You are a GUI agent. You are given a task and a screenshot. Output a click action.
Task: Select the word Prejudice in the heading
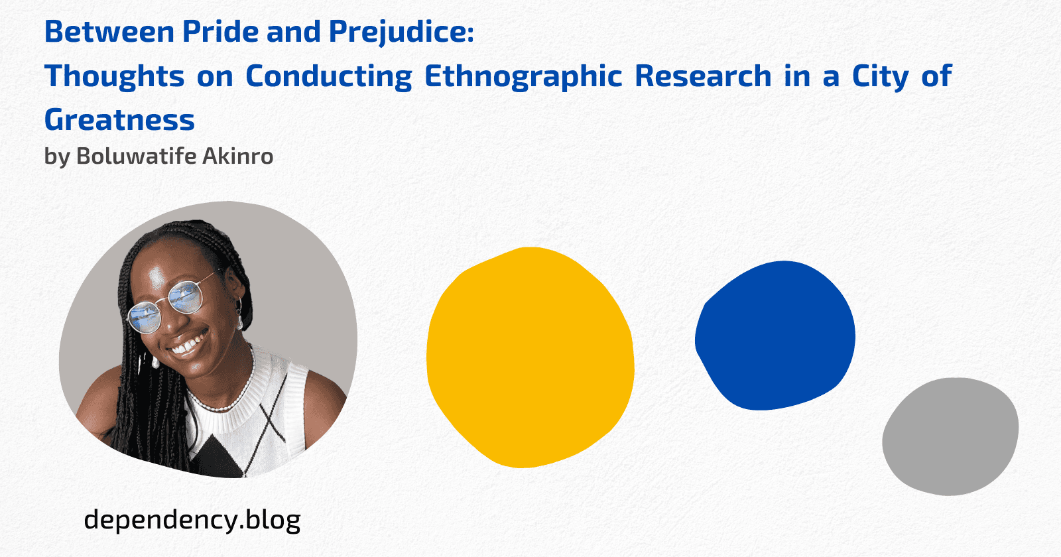(401, 32)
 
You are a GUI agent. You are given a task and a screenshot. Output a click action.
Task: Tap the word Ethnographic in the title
(523, 77)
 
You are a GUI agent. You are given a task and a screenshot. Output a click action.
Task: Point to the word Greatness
(119, 119)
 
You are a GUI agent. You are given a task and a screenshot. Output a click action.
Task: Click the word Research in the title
(703, 76)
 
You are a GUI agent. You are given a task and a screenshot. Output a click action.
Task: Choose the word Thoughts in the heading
(114, 77)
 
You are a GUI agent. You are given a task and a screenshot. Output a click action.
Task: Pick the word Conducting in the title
(329, 77)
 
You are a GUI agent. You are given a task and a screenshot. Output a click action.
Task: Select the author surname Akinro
(238, 156)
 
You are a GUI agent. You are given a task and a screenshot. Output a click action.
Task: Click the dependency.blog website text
(192, 521)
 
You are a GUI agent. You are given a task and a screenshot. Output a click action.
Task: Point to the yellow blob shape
(530, 357)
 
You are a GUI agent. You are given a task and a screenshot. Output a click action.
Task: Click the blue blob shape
(775, 336)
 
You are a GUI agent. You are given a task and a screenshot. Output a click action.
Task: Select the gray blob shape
(950, 436)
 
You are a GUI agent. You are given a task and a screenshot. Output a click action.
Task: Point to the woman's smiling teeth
(190, 344)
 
